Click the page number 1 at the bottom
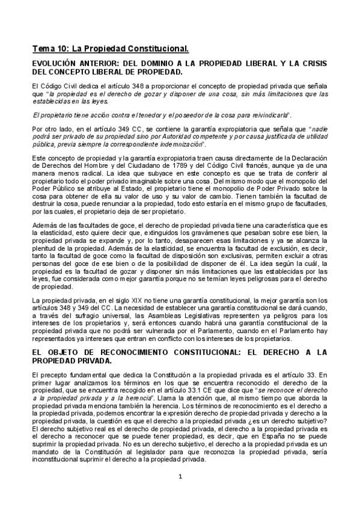point(180,478)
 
